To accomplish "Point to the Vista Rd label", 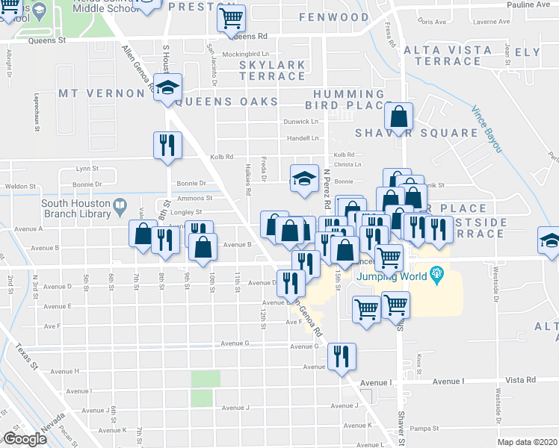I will tap(520, 380).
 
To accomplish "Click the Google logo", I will tap(25, 439).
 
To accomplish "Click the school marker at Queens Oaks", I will tap(169, 88).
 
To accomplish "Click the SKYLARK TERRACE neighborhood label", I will tap(272, 70).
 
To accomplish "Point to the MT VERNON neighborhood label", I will tap(101, 93).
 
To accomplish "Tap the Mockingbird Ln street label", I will tap(247, 55).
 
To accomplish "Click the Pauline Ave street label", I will tap(531, 4).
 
